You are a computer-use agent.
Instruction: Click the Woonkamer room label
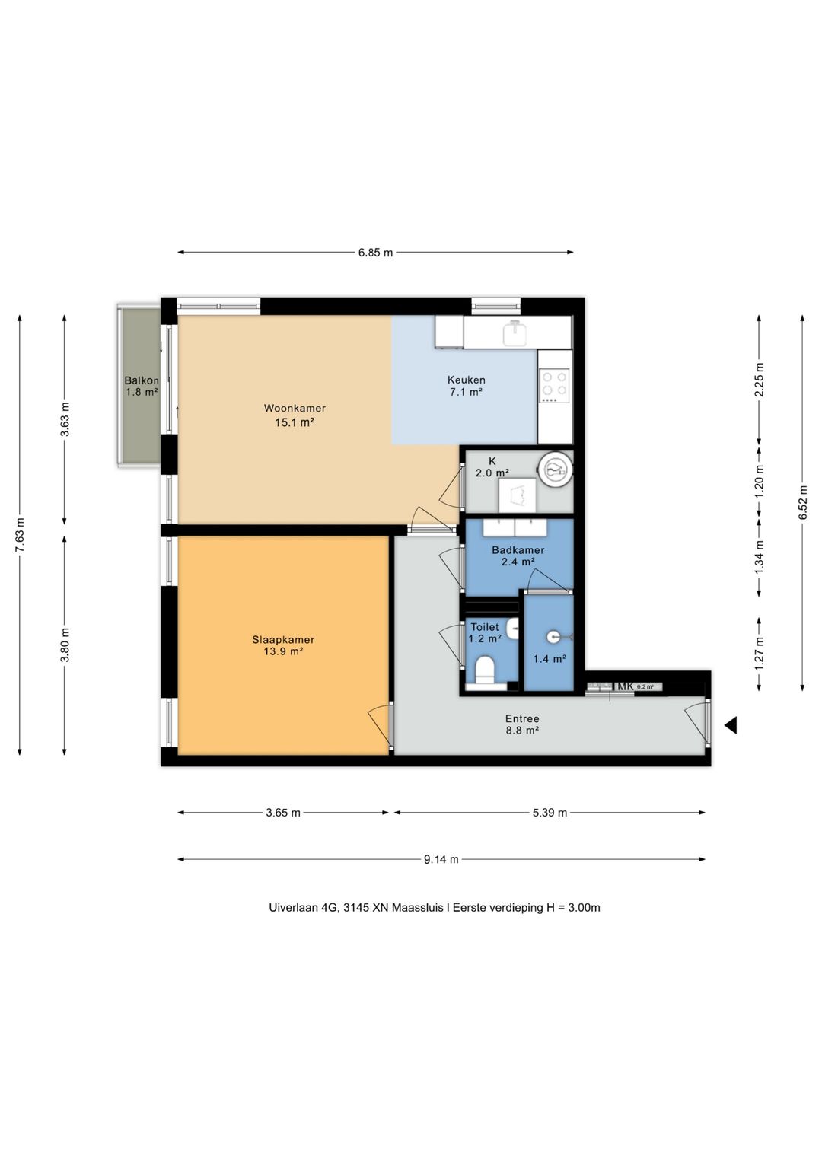295,408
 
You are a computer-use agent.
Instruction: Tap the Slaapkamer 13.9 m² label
283,645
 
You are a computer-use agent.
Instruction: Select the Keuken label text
466,380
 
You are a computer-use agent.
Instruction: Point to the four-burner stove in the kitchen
555,385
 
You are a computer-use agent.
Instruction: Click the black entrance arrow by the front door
731,725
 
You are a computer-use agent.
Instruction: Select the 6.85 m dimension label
375,253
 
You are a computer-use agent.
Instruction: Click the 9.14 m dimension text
441,860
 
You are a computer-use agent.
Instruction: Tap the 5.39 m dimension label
550,813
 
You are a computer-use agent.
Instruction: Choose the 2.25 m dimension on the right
759,379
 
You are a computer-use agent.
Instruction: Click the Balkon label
141,380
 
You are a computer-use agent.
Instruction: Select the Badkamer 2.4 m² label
518,555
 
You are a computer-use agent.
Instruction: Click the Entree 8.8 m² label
522,724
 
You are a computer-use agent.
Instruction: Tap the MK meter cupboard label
625,686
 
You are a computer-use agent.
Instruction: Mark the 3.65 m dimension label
283,813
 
